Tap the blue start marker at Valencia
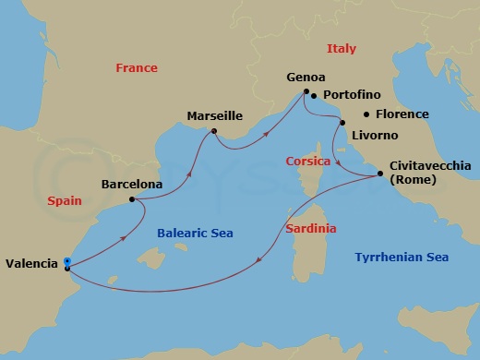click(x=67, y=261)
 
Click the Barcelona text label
click(x=132, y=185)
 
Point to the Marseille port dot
click(x=213, y=131)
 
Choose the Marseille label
click(x=214, y=116)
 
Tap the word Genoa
click(x=306, y=78)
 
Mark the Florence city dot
click(x=366, y=114)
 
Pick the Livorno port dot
click(x=342, y=122)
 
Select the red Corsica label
click(x=308, y=161)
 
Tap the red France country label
click(x=137, y=68)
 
